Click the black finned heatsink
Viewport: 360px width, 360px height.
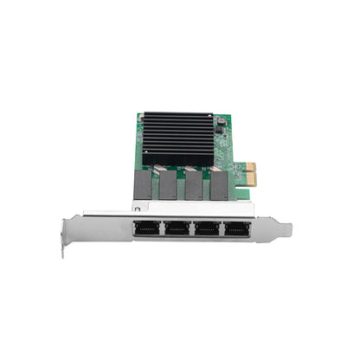177,136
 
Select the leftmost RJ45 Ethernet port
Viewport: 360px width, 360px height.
146,229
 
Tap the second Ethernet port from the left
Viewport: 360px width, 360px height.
177,229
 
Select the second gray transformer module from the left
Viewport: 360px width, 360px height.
169,183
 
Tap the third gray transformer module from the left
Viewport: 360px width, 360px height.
194,183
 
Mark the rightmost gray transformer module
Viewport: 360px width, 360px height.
220,183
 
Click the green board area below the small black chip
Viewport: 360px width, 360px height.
223,151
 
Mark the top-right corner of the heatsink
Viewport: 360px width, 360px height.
213,112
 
